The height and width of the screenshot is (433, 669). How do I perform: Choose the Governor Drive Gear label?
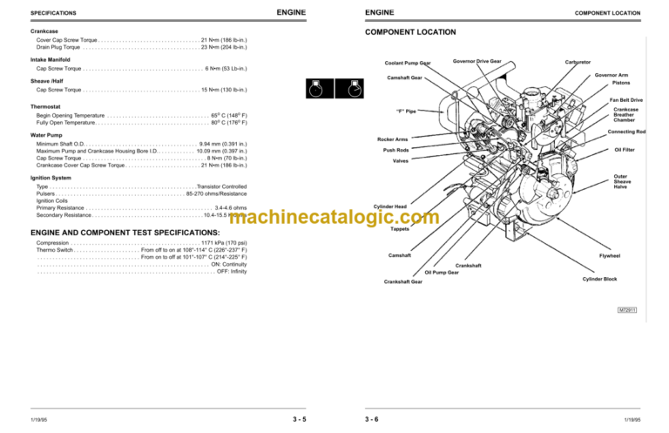477,62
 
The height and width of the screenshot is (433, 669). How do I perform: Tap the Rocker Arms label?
391,139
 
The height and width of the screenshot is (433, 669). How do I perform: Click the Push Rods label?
395,150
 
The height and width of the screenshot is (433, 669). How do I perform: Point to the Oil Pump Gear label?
442,272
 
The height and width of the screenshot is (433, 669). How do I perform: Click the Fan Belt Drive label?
626,100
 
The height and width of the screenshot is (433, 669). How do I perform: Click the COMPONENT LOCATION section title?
409,32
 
